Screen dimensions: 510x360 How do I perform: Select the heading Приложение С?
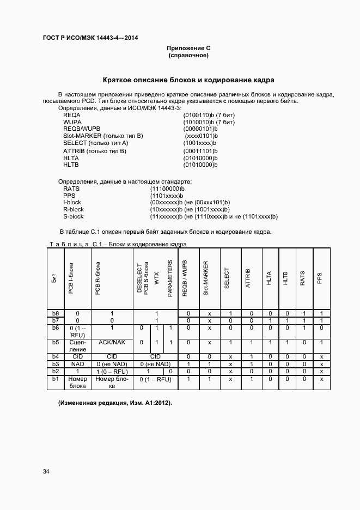[x=188, y=48]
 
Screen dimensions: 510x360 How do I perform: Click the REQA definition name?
[x=72, y=116]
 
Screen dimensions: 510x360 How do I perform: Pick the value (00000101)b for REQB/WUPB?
[x=200, y=129]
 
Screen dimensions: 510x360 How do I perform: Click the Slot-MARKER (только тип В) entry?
[x=103, y=136]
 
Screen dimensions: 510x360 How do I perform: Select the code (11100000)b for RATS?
[x=167, y=189]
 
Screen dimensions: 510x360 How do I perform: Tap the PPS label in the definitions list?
[x=69, y=196]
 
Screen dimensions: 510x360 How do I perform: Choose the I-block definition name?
[x=72, y=203]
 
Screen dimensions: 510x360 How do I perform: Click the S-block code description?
[x=213, y=216]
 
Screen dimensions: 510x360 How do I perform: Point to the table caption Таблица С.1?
[x=118, y=245]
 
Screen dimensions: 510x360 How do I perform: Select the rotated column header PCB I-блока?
[x=71, y=278]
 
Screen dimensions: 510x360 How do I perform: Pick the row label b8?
[x=54, y=313]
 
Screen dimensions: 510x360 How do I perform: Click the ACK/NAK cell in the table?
[x=112, y=342]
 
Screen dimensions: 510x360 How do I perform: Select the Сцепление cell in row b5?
[x=78, y=345]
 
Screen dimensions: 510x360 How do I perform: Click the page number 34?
[x=46, y=471]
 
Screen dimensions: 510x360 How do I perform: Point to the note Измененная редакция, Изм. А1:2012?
[x=115, y=403]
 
